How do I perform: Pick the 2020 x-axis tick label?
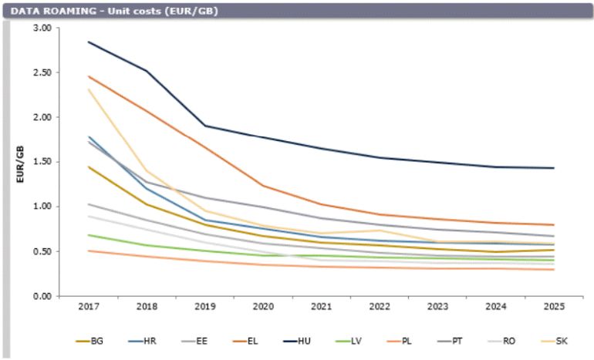[262, 308]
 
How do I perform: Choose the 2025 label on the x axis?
[553, 308]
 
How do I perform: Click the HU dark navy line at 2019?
[204, 126]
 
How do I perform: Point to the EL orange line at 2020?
[262, 185]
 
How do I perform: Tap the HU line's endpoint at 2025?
[553, 168]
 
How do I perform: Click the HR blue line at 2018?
[147, 188]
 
